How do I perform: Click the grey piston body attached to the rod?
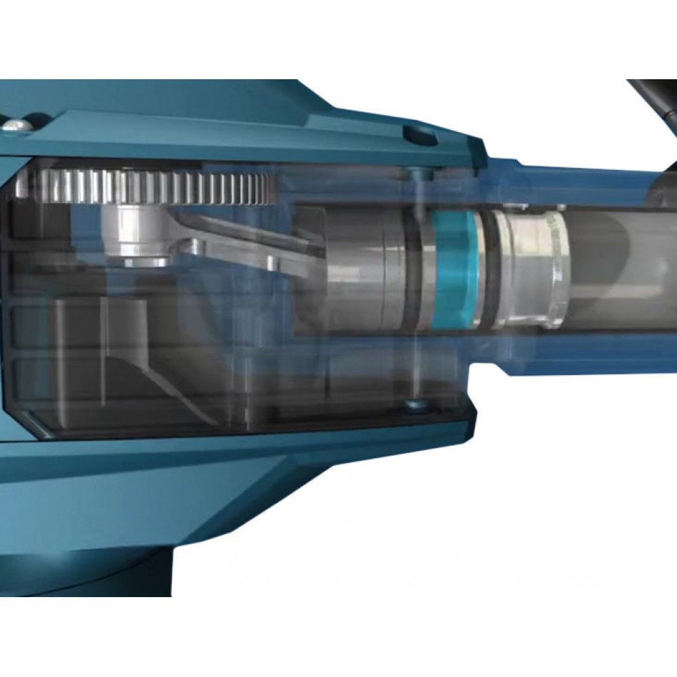click(x=359, y=267)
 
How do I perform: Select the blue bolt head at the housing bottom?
click(x=413, y=406)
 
